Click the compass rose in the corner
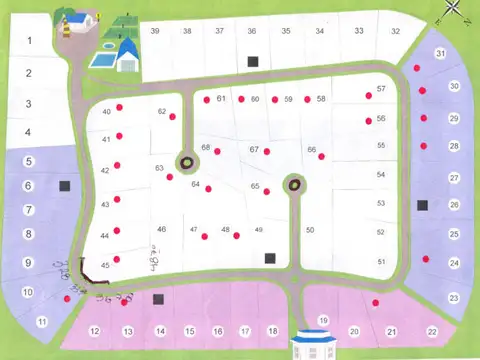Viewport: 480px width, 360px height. click(454, 10)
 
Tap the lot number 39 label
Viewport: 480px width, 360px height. click(155, 31)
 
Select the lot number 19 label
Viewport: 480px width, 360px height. click(323, 320)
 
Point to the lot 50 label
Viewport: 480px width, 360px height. click(310, 231)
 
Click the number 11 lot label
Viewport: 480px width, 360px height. click(41, 321)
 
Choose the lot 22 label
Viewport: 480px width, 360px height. click(432, 331)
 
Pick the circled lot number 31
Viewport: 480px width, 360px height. click(440, 53)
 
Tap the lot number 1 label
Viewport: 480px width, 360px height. click(30, 41)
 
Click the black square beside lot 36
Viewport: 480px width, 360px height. click(253, 61)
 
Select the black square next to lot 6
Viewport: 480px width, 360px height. click(66, 185)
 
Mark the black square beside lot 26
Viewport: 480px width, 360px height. click(423, 205)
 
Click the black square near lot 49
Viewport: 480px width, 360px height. click(269, 258)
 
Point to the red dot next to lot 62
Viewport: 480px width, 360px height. click(173, 117)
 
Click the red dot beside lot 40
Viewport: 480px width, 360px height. click(119, 108)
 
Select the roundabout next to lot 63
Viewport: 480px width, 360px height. click(186, 160)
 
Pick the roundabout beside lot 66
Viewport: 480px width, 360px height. click(294, 183)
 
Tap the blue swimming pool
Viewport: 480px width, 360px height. click(102, 59)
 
